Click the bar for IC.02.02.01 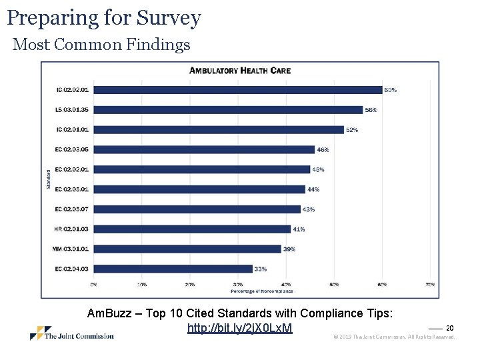coord(237,90)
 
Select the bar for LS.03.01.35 coord(228,110)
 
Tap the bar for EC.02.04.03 coord(173,269)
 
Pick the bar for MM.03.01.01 coord(187,249)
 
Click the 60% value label coord(390,90)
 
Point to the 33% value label coord(260,269)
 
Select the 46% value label coord(323,149)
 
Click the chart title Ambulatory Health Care coord(240,71)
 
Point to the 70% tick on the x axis coord(430,285)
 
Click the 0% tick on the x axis coord(93,285)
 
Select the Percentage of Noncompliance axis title coord(261,291)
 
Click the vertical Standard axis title coord(49,179)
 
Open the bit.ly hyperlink coord(240,328)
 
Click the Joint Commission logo coord(71,333)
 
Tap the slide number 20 coord(450,328)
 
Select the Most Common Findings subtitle coord(101,45)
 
